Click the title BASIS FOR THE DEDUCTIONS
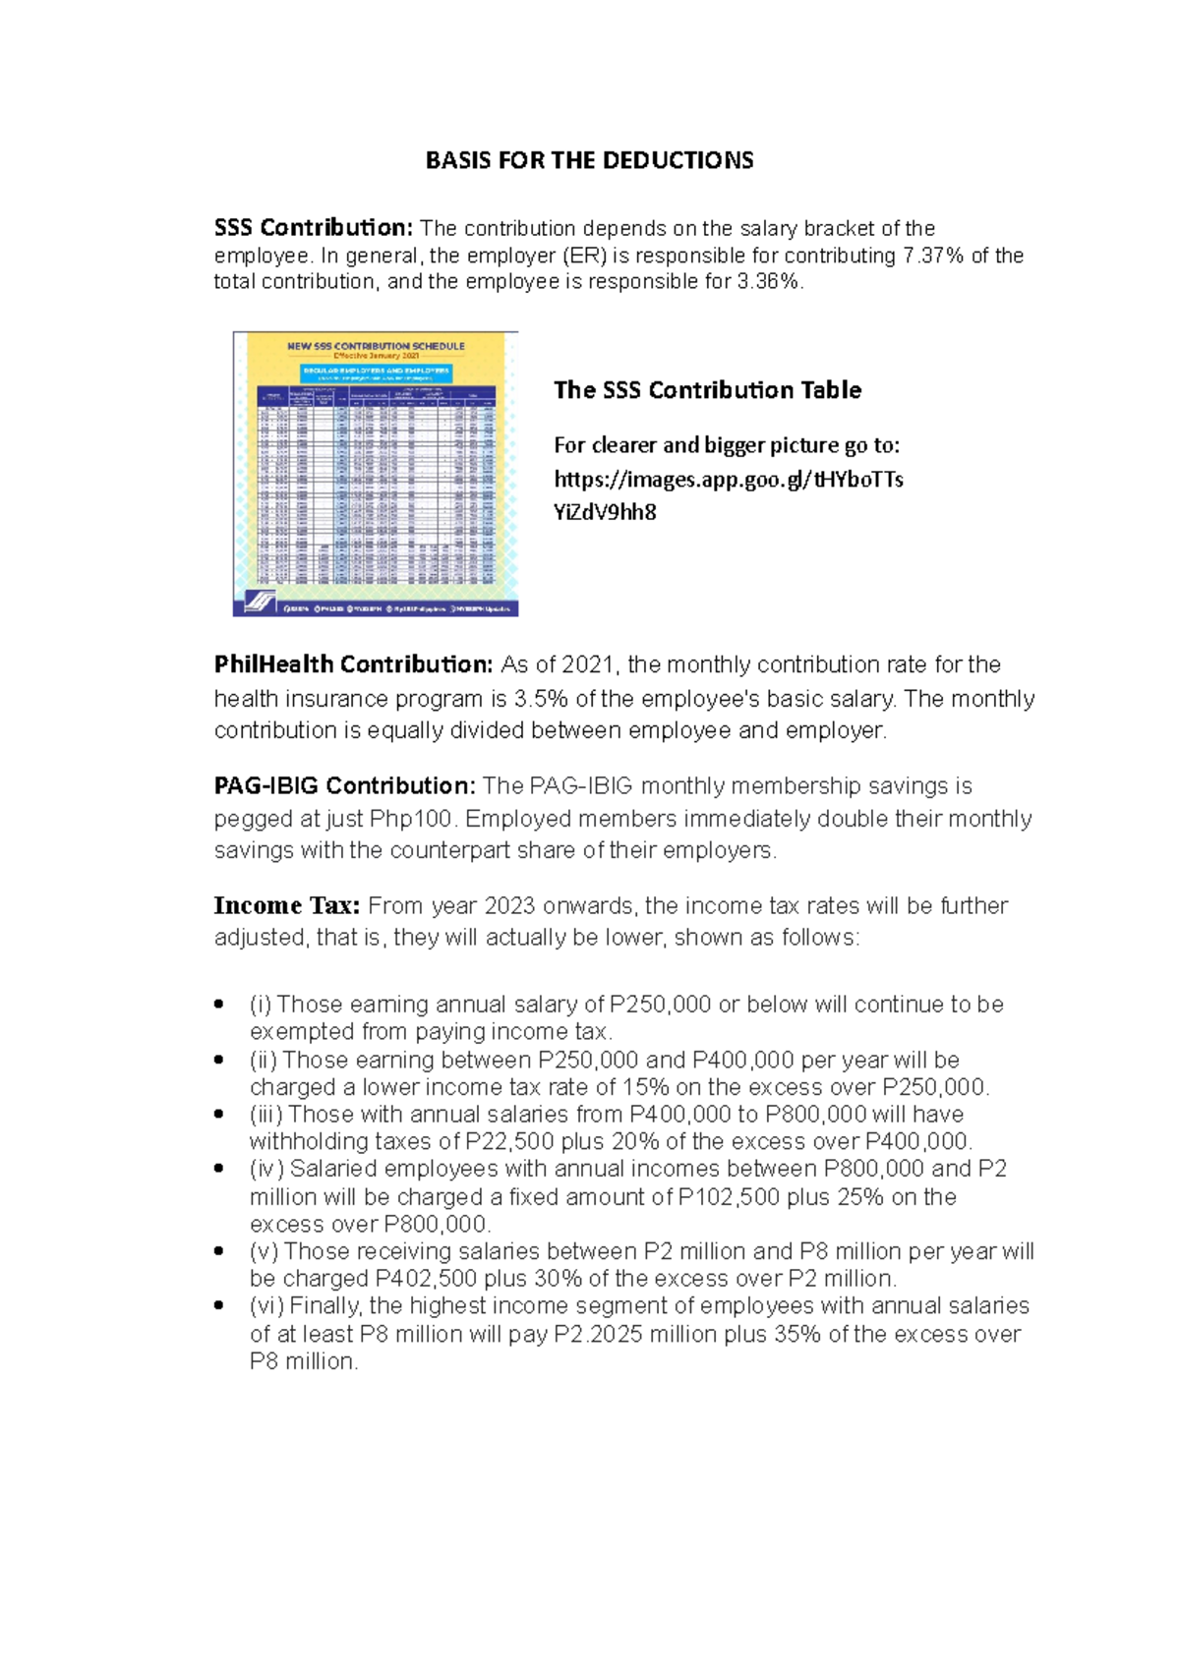click(x=589, y=160)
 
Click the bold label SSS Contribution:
click(x=314, y=228)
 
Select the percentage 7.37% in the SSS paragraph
click(x=933, y=256)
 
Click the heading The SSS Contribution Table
click(x=707, y=390)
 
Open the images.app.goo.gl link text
click(x=728, y=480)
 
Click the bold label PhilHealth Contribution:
click(x=353, y=664)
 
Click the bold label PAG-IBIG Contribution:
click(x=345, y=786)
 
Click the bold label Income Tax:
click(x=287, y=905)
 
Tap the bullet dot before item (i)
click(x=219, y=1005)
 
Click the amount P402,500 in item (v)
click(x=426, y=1279)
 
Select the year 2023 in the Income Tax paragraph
click(x=510, y=905)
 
